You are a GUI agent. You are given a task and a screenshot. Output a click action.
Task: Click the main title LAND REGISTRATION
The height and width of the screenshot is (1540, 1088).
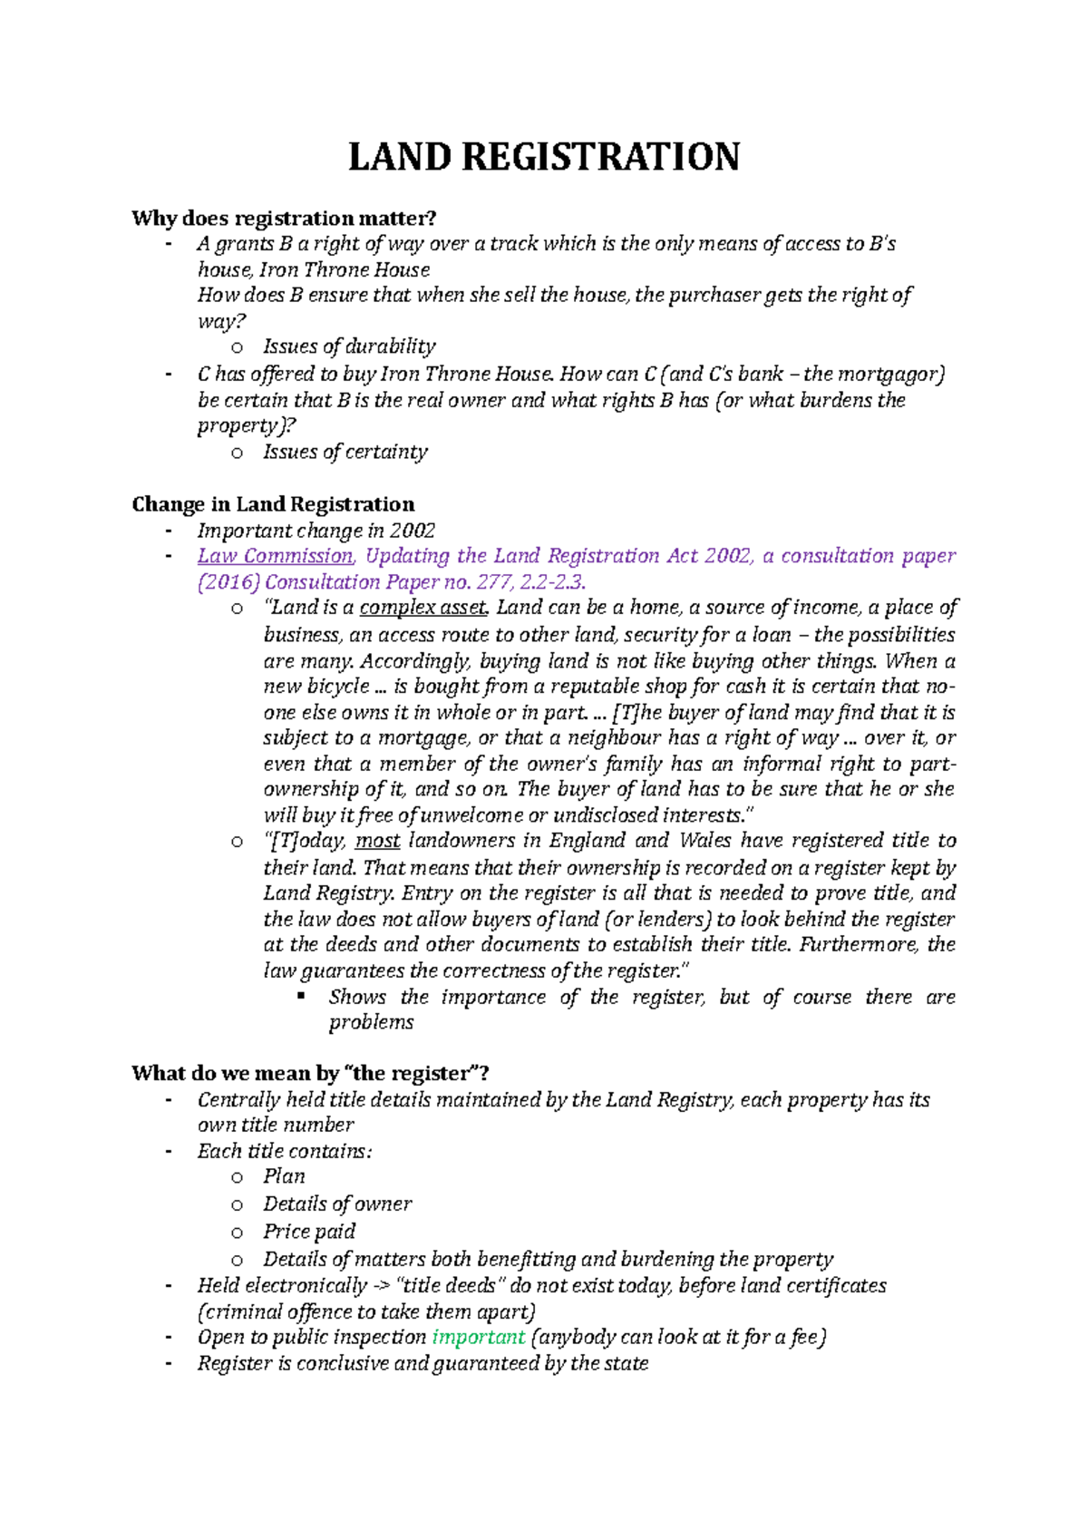coord(544,157)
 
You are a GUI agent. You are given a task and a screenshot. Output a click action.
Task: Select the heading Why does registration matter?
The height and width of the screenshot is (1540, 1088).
coord(284,219)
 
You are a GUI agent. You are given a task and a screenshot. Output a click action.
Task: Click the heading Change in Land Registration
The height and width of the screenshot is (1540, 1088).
coord(273,504)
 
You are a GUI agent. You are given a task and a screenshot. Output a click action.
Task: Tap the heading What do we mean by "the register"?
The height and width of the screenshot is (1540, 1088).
coord(310,1074)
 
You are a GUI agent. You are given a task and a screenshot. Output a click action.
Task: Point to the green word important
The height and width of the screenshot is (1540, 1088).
coord(479,1338)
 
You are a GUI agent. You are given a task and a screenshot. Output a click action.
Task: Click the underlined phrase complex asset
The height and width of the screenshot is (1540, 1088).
coord(424,608)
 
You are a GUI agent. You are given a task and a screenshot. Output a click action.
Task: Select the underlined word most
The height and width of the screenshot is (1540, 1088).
coord(377,841)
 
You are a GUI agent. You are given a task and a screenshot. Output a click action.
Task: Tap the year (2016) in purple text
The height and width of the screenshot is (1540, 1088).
coord(228,582)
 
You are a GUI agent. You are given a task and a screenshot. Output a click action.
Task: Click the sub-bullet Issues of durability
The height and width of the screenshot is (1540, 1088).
coord(349,346)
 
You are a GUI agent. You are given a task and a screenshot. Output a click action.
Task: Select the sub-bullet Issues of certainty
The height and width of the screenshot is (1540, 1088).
coord(345,452)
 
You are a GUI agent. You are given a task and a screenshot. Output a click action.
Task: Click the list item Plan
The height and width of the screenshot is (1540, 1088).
coord(284,1177)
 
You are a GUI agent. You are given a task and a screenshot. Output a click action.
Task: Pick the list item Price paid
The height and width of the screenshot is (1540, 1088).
coord(309,1232)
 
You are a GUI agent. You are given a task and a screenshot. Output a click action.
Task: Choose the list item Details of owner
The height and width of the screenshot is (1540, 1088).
coord(337,1204)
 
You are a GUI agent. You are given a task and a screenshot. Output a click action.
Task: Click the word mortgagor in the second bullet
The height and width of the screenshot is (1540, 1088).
coord(893,375)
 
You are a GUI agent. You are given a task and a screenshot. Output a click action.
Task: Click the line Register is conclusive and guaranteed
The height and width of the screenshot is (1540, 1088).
coord(423,1364)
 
